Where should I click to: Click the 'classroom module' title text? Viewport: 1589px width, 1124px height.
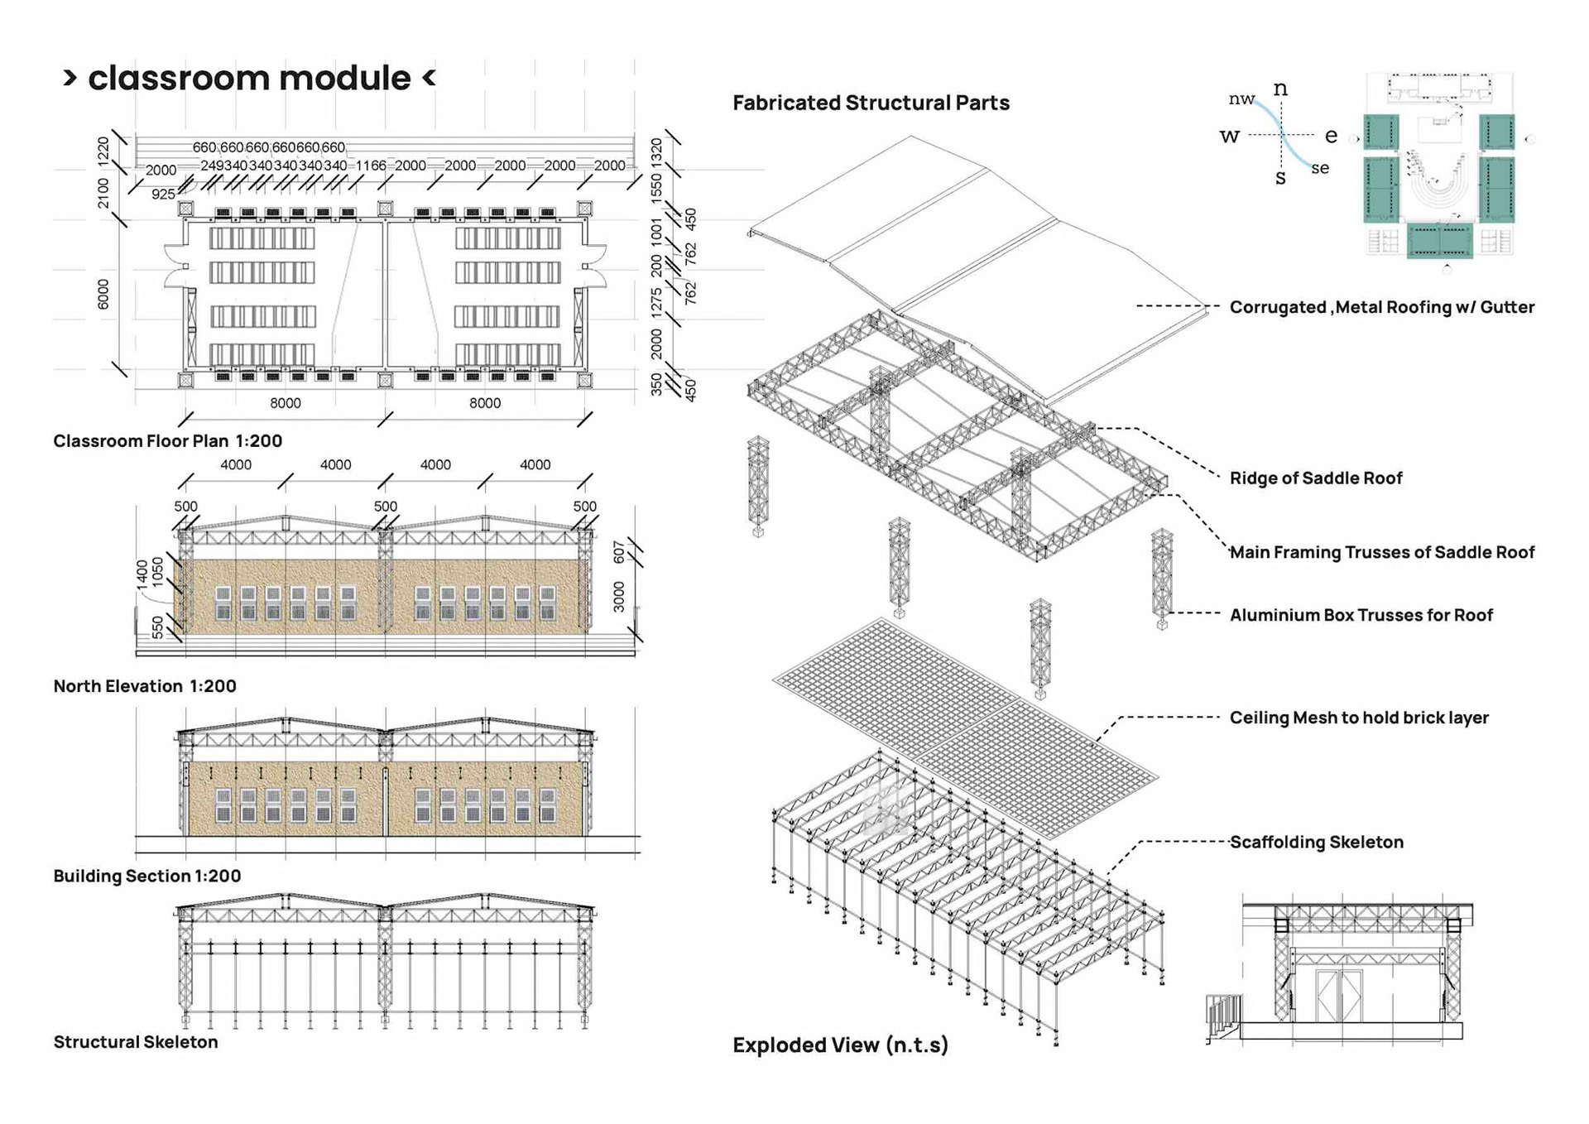pyautogui.click(x=249, y=79)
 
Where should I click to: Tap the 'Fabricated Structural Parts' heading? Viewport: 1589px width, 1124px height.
pyautogui.click(x=871, y=103)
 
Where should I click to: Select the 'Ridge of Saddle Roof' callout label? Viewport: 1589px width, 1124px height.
pyautogui.click(x=1315, y=478)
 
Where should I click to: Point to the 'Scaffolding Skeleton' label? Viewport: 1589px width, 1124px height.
pyautogui.click(x=1316, y=843)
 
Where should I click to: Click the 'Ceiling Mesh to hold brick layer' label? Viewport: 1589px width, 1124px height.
pyautogui.click(x=1358, y=718)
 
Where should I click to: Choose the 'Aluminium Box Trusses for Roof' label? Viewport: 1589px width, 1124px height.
pyautogui.click(x=1361, y=615)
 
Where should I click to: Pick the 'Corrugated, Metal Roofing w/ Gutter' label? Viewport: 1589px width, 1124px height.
pyautogui.click(x=1381, y=307)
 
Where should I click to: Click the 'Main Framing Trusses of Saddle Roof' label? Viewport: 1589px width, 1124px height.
pyautogui.click(x=1381, y=552)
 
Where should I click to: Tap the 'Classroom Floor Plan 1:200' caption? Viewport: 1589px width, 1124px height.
pyautogui.click(x=168, y=441)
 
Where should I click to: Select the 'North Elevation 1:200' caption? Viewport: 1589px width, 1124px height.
pyautogui.click(x=145, y=686)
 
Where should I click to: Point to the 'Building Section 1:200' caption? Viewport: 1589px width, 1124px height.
pyautogui.click(x=147, y=876)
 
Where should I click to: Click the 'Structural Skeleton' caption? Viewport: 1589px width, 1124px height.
pyautogui.click(x=136, y=1042)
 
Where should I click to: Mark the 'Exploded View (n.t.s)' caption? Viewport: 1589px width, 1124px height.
pyautogui.click(x=840, y=1045)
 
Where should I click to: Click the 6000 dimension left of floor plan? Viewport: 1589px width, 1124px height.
pyautogui.click(x=103, y=294)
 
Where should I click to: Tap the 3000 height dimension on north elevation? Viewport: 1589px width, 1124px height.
pyautogui.click(x=619, y=597)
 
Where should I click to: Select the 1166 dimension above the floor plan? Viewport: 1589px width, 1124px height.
pyautogui.click(x=371, y=166)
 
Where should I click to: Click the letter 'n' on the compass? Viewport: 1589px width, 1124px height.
pyautogui.click(x=1280, y=89)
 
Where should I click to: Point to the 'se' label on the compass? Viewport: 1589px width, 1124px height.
pyautogui.click(x=1320, y=168)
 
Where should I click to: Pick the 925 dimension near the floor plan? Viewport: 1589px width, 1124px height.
pyautogui.click(x=163, y=195)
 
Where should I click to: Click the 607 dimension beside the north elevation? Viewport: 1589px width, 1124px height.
pyautogui.click(x=619, y=552)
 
